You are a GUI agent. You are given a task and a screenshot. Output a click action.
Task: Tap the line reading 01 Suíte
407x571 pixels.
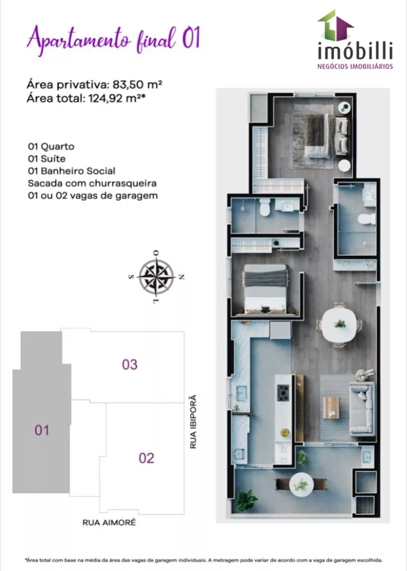(47, 159)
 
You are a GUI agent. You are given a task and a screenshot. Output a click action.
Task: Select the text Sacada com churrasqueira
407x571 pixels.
(92, 183)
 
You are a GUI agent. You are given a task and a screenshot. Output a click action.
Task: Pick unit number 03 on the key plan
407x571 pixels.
(130, 365)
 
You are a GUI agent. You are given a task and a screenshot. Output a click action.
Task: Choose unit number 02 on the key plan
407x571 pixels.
(146, 458)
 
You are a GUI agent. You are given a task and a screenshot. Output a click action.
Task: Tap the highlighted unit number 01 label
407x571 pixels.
(42, 430)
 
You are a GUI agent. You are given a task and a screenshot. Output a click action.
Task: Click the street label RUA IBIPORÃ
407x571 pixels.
(193, 422)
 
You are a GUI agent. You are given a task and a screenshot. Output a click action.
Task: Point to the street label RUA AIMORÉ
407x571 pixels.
(109, 522)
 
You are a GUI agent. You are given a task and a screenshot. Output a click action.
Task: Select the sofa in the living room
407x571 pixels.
(362, 408)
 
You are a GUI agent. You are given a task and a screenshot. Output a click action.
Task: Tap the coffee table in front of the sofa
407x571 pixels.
(331, 408)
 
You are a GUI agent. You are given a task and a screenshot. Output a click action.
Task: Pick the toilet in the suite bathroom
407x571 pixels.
(366, 219)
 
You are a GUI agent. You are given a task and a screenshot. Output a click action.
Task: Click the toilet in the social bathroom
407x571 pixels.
(264, 207)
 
